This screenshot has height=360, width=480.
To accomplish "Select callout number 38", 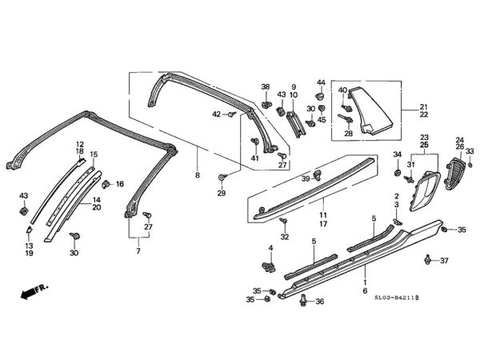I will click(x=266, y=86).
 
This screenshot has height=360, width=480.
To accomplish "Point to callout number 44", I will click(x=321, y=84).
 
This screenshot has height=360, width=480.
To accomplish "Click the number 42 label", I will click(x=216, y=114).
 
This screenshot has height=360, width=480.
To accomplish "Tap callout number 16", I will click(x=120, y=184).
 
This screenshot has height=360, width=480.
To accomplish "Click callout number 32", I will click(x=285, y=238).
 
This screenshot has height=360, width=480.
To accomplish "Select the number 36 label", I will click(x=320, y=302).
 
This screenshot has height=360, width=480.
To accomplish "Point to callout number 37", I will click(x=446, y=261).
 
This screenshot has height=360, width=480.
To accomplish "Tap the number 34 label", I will click(x=397, y=154).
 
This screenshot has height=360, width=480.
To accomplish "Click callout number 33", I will click(x=470, y=151).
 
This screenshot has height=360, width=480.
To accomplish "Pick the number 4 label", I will click(x=270, y=249).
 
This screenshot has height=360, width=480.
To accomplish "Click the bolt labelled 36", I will click(x=303, y=300).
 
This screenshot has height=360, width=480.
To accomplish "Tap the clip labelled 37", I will click(x=430, y=259).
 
